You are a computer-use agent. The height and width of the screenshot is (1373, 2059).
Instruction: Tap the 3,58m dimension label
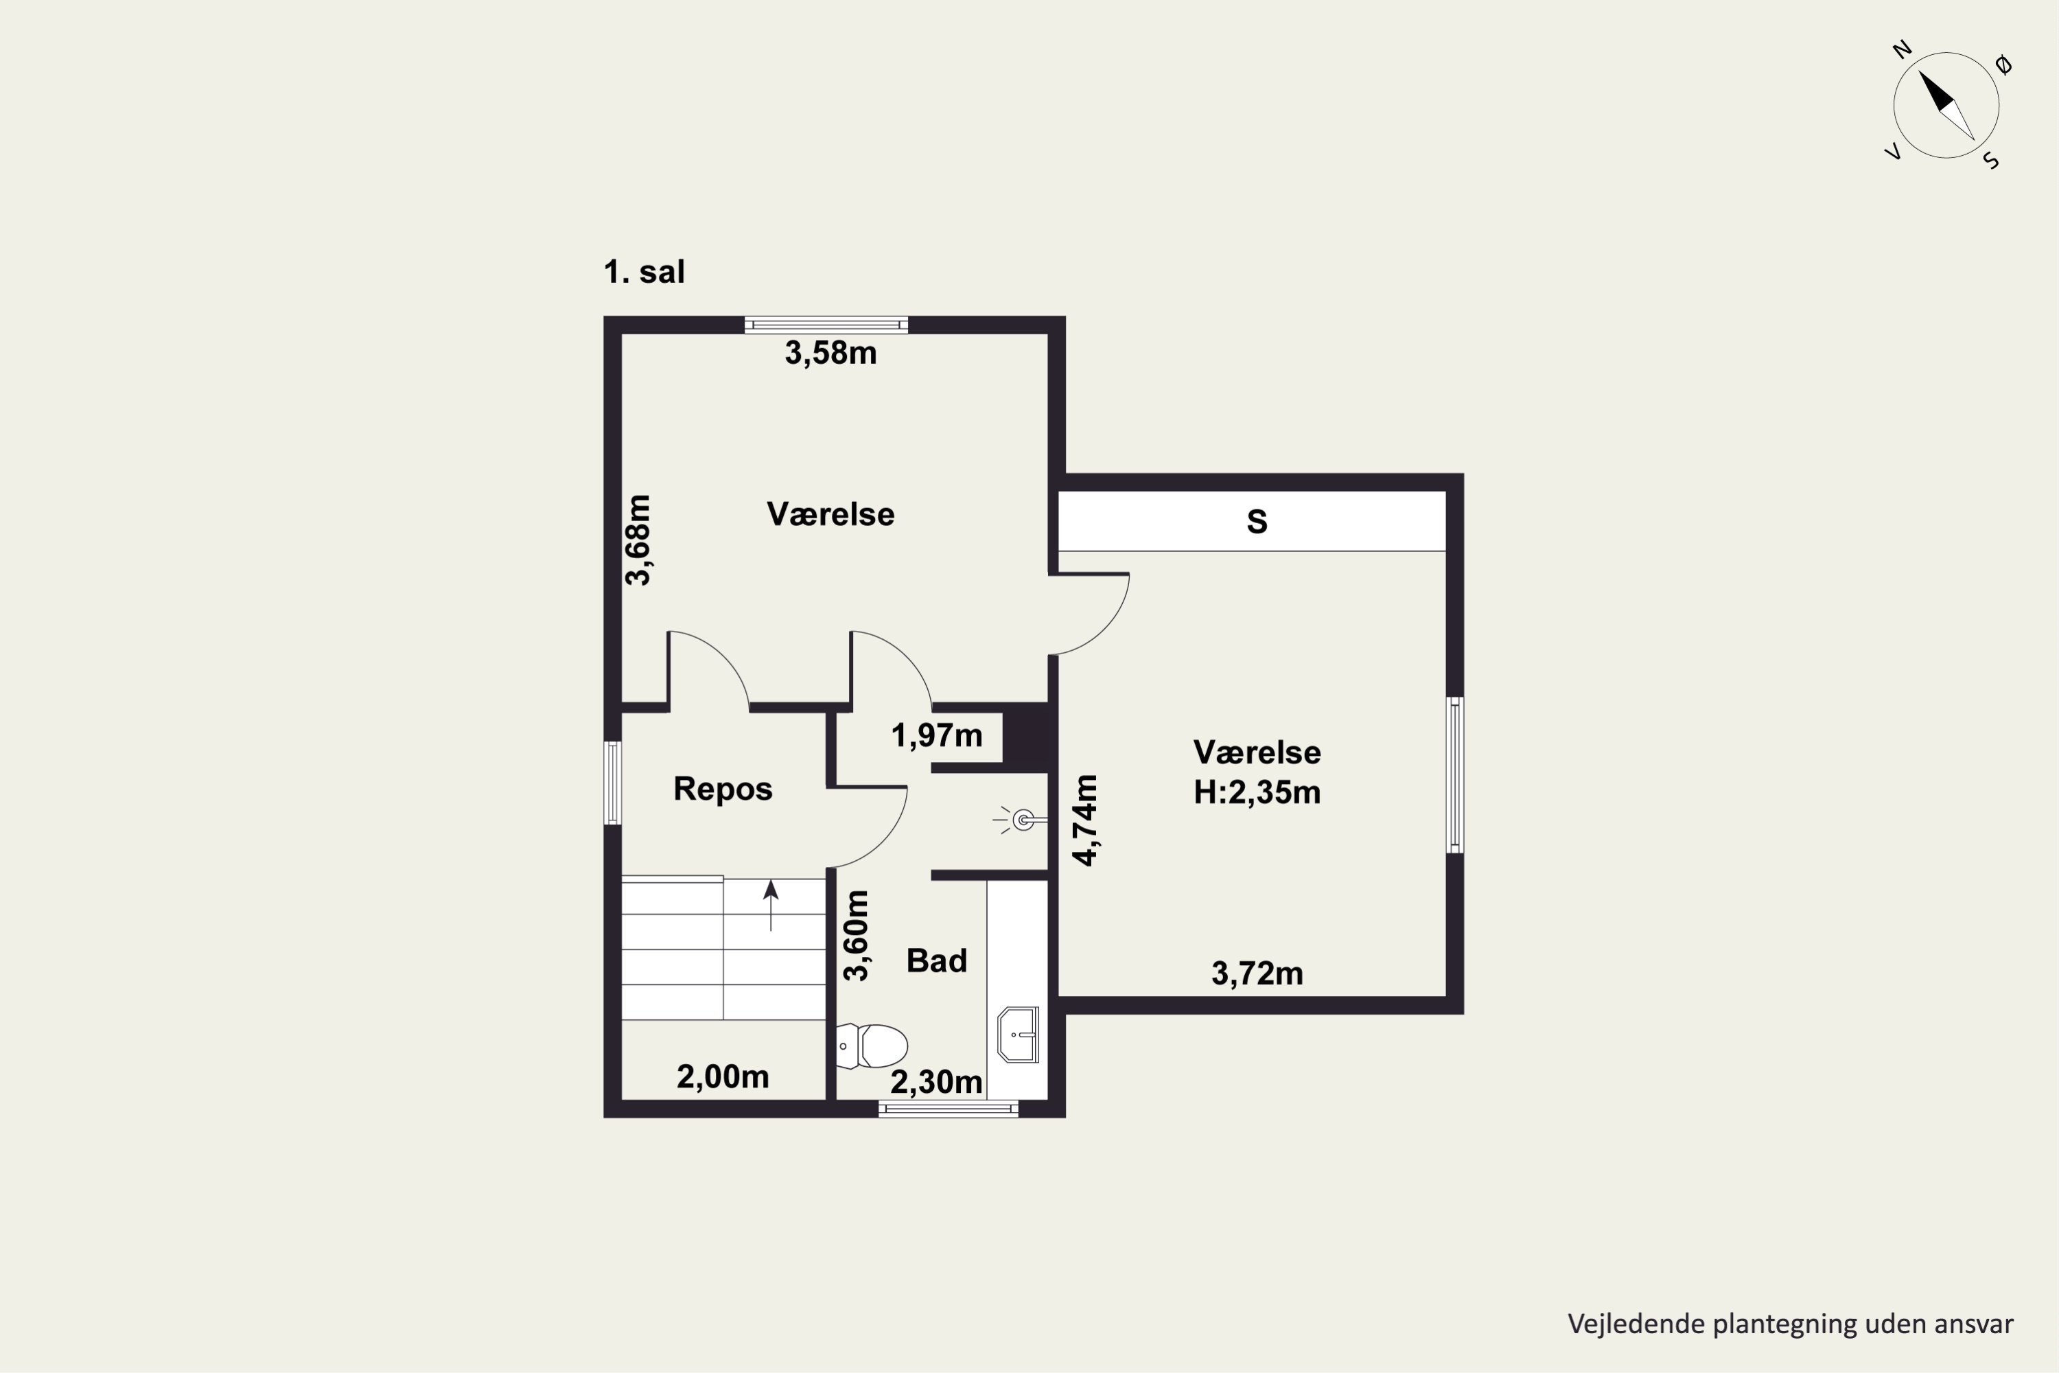[830, 353]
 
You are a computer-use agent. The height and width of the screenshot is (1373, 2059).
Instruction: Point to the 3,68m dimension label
[638, 540]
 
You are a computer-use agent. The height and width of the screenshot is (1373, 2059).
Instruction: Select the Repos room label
[722, 788]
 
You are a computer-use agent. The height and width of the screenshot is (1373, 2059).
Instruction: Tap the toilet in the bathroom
[872, 1046]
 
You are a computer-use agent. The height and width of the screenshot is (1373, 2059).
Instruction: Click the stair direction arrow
[770, 905]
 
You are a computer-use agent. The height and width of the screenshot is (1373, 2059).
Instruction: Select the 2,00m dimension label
[722, 1076]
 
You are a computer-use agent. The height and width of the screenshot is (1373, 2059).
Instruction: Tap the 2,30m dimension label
[936, 1083]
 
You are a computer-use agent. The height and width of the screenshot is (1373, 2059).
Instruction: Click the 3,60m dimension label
[856, 935]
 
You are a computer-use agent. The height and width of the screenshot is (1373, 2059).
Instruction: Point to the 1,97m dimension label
[937, 735]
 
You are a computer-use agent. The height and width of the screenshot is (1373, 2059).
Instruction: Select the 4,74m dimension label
[1086, 820]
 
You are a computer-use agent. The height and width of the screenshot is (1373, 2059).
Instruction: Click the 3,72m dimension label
[1257, 973]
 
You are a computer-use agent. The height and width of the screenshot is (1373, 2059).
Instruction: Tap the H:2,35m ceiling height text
[1257, 792]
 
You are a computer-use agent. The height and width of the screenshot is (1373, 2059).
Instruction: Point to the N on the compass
[1903, 50]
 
